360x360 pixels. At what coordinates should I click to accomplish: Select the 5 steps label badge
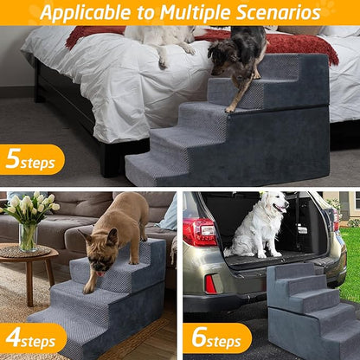(x=31, y=159)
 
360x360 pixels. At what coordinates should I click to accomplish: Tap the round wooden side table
(x=26, y=260)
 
